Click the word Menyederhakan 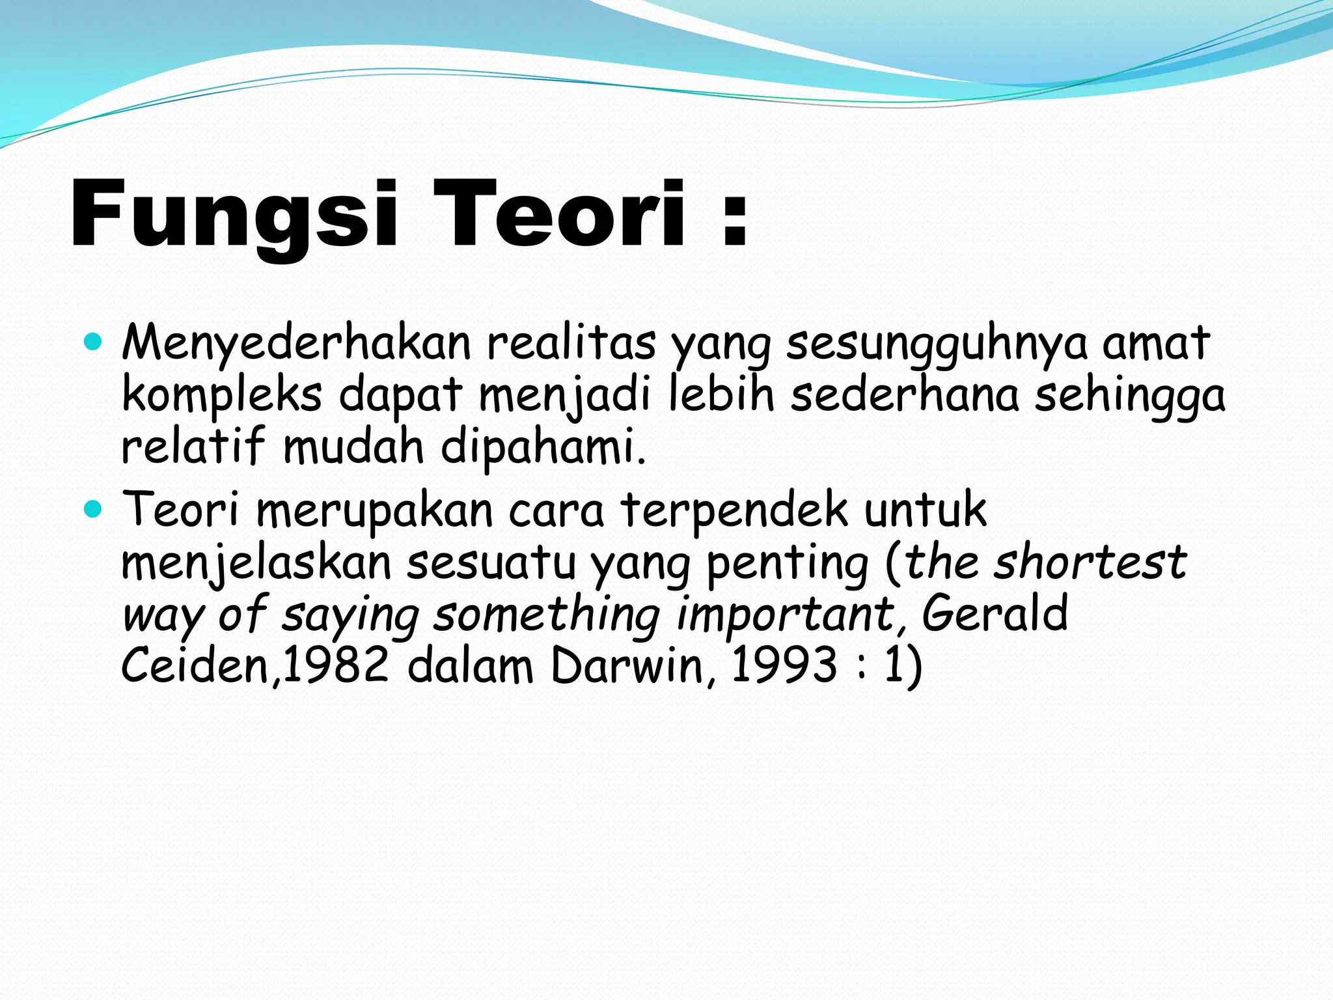coord(296,343)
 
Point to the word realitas coord(571,343)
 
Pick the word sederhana coord(904,395)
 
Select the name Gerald coord(994,613)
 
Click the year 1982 coord(336,665)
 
